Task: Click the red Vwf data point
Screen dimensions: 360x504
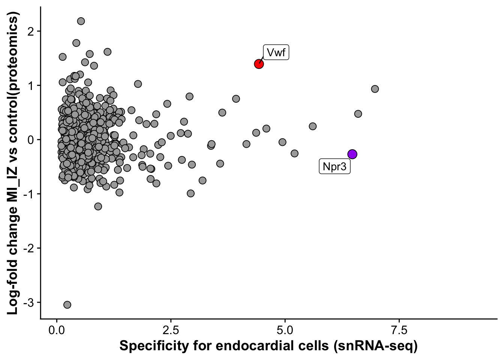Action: click(259, 64)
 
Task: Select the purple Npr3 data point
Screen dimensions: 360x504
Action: click(352, 154)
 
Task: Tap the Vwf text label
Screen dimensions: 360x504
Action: click(276, 52)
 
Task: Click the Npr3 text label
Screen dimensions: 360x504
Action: click(334, 166)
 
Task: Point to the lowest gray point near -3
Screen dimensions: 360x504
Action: click(67, 304)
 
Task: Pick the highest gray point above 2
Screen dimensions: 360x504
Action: click(81, 21)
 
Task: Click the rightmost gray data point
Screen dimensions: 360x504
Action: click(375, 89)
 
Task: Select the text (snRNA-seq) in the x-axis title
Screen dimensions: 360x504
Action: click(375, 346)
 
